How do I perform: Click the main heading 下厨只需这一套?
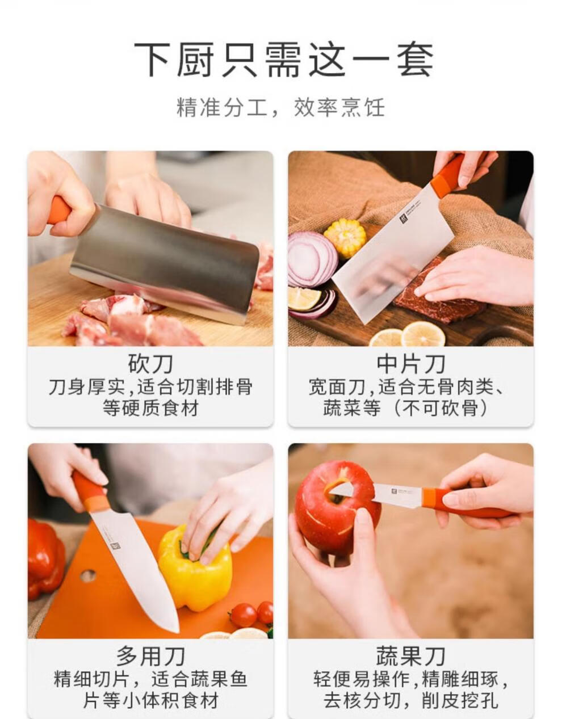click(284, 60)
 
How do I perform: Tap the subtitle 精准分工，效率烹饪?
click(281, 107)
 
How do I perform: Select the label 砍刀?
click(150, 364)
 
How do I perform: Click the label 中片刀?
click(411, 364)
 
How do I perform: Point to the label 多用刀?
click(150, 657)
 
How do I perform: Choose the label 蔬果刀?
click(411, 657)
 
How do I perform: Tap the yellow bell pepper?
click(195, 568)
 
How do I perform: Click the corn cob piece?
click(345, 237)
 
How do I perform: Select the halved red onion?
click(312, 259)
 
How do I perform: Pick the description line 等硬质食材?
click(150, 408)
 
